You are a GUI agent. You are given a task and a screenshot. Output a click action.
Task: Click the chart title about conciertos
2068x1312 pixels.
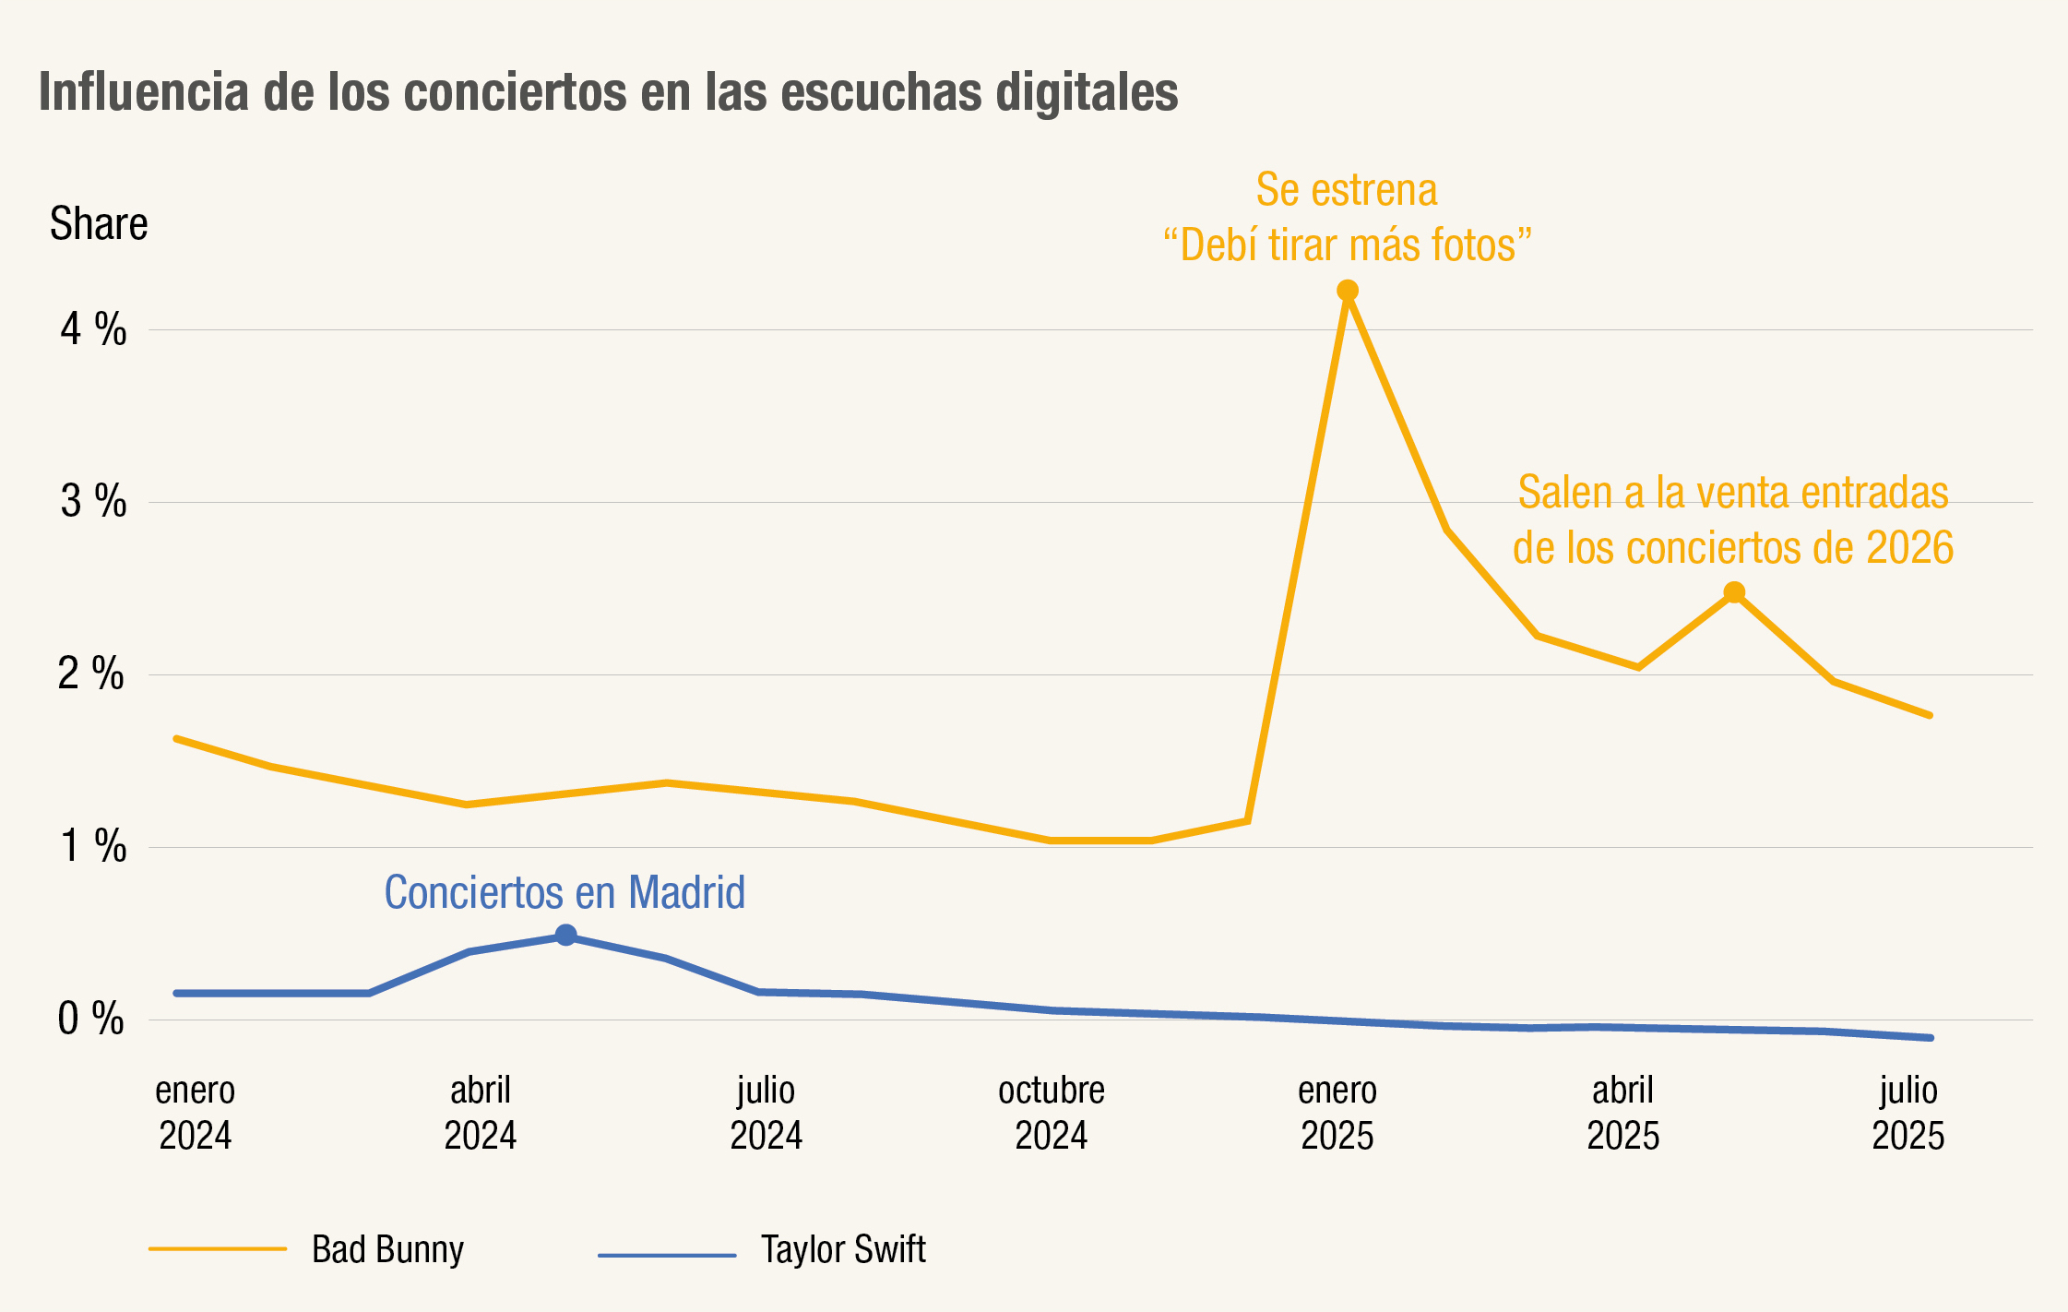coord(608,92)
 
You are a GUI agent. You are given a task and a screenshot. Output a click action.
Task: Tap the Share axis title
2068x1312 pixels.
coord(99,224)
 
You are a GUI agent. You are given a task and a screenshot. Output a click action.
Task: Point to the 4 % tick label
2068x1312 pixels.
coord(93,329)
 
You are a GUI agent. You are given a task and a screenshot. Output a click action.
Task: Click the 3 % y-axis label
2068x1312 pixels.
coord(93,502)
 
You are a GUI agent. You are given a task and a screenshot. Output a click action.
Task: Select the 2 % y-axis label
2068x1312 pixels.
coord(91,674)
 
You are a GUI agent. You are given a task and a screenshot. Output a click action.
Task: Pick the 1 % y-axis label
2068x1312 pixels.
coord(93,847)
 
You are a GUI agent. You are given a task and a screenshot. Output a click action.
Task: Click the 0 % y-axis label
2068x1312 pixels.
coord(91,1020)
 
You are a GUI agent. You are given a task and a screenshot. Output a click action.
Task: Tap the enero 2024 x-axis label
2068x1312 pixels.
coord(195,1113)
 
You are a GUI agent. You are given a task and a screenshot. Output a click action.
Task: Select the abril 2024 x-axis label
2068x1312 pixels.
coord(480,1113)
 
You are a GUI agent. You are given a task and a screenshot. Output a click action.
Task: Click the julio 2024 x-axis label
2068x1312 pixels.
coord(766,1113)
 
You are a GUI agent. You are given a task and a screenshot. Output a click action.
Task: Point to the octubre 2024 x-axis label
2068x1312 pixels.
coord(1052,1113)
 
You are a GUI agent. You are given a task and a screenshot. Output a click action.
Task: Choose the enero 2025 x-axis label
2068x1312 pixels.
coord(1337,1113)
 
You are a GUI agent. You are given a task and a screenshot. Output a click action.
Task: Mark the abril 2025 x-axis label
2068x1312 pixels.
coord(1622,1113)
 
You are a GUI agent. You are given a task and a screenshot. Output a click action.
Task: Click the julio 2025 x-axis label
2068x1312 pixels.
coord(1908,1113)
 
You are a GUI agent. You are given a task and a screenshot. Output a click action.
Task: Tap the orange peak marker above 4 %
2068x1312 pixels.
coord(1348,292)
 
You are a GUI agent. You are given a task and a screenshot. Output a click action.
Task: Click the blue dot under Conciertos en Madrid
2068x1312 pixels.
coord(566,936)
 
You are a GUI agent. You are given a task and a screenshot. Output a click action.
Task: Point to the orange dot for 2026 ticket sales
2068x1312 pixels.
coord(1734,592)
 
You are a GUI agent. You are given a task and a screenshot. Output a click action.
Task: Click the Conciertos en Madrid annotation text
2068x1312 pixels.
coord(565,892)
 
